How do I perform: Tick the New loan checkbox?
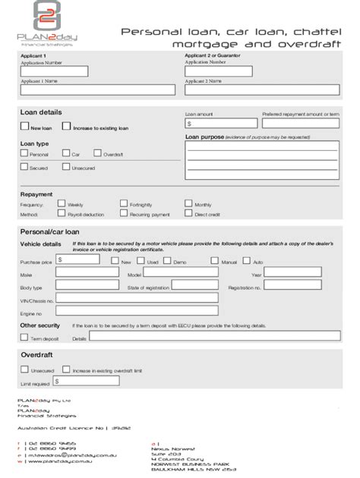click(x=24, y=127)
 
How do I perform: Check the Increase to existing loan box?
click(x=67, y=127)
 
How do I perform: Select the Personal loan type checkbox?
click(x=24, y=153)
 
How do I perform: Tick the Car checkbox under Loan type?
click(x=66, y=153)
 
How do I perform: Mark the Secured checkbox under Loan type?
click(x=24, y=167)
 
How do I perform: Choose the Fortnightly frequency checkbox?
click(x=124, y=204)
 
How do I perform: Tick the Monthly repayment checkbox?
click(x=189, y=204)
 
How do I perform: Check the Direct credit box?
click(x=189, y=214)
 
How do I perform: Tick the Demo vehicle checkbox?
click(x=169, y=261)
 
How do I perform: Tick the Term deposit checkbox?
click(x=24, y=338)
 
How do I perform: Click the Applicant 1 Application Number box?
click(x=54, y=71)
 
